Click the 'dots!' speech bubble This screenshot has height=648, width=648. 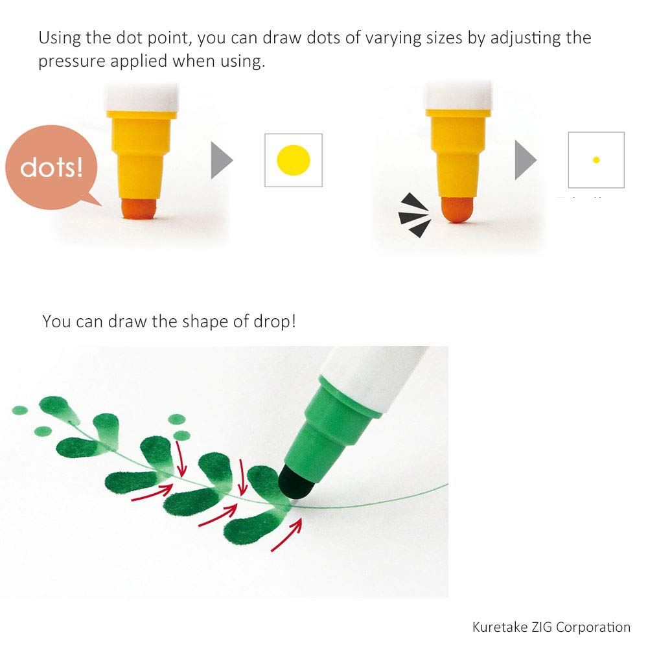click(51, 167)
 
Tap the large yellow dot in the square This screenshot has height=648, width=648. click(294, 160)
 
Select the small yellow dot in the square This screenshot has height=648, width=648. click(596, 160)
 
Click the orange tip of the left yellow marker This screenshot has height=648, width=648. click(139, 208)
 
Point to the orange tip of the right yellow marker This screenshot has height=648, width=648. click(457, 209)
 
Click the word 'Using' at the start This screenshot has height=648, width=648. click(60, 38)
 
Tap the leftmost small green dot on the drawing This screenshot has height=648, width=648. click(20, 410)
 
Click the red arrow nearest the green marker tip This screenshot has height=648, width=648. click(287, 535)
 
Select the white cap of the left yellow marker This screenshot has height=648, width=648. click(142, 98)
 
